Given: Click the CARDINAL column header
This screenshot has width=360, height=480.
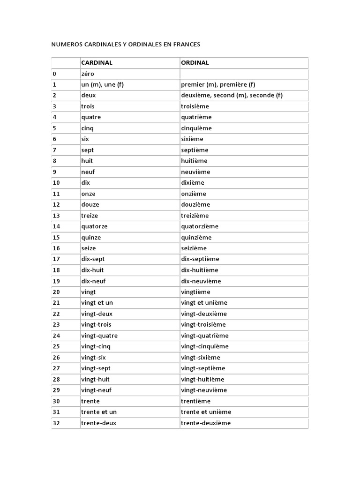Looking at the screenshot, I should coord(97,62).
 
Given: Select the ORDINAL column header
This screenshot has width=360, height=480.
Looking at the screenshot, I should coord(195,62).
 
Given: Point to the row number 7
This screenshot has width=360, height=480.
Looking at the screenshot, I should coord(54,150).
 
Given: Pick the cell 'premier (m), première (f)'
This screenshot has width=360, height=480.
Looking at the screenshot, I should coord(218,84).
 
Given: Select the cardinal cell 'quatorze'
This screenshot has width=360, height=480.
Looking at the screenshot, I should coord(94,226).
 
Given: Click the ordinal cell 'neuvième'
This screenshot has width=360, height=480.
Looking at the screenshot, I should coord(195,172).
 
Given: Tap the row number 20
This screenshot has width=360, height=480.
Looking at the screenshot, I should coord(56,292).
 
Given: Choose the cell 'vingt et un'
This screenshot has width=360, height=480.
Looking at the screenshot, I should coord(97,303).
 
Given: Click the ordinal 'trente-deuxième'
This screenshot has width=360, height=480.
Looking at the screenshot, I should coord(206,423).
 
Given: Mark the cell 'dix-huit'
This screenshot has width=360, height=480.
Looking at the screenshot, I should coord(92,270).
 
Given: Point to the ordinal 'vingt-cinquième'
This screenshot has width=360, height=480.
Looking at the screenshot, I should coord(205,346).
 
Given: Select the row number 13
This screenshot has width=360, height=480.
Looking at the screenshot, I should coord(56,216).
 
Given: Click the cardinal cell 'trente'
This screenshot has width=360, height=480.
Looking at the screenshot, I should coord(90,401).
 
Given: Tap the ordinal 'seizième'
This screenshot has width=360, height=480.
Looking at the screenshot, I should coord(194,248).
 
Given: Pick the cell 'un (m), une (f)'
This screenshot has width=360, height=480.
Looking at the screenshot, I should coord(102,84).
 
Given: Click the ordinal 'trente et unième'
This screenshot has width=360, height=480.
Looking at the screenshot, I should coord(206,412).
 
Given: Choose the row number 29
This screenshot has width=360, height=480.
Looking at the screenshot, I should coord(56,390).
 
